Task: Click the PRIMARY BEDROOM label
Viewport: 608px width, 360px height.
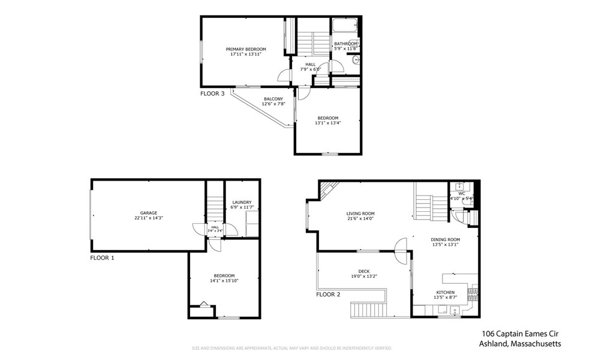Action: click(246, 49)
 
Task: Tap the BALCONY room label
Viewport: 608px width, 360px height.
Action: click(273, 99)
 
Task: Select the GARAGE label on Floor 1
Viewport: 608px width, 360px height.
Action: click(149, 213)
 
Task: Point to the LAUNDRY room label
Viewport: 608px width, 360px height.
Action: click(241, 203)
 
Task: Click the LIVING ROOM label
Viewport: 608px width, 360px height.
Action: click(360, 214)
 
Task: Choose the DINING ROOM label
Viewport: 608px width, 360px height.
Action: click(446, 239)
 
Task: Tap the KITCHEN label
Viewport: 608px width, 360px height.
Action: click(445, 292)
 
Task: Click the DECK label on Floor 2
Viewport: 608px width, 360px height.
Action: click(364, 271)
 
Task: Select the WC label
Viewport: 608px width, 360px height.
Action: click(462, 193)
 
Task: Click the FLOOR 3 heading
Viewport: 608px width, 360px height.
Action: click(212, 94)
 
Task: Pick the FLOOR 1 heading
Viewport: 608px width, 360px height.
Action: click(102, 257)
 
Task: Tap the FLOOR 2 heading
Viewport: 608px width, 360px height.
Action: click(328, 295)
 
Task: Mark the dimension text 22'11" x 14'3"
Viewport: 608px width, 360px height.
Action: click(149, 218)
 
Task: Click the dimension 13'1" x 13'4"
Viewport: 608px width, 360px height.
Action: click(328, 123)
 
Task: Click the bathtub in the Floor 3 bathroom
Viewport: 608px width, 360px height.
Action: click(345, 26)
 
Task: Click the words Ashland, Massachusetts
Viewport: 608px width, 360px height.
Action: click(520, 344)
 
